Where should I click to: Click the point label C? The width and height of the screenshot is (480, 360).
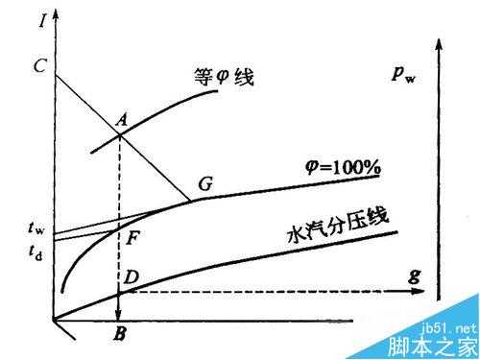pyautogui.click(x=39, y=66)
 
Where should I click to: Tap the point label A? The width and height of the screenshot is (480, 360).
pyautogui.click(x=121, y=119)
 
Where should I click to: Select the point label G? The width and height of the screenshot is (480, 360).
pyautogui.click(x=205, y=183)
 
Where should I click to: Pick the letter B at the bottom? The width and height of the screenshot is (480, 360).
pyautogui.click(x=119, y=336)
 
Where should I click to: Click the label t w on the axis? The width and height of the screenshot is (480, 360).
pyautogui.click(x=36, y=229)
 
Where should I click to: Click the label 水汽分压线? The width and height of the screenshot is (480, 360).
pyautogui.click(x=336, y=226)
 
